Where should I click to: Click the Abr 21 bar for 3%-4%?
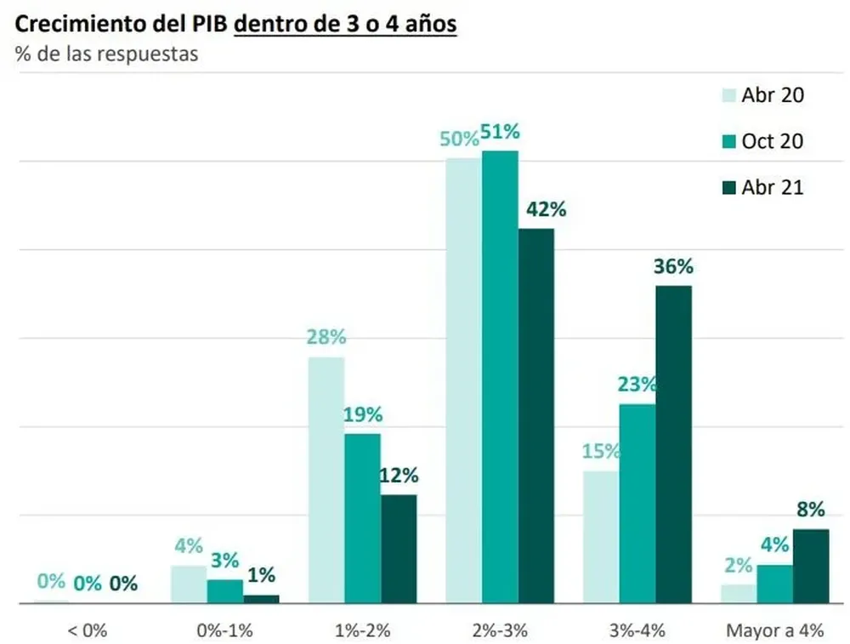click(x=673, y=444)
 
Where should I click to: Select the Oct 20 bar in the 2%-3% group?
click(x=500, y=377)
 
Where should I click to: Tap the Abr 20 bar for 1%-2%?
click(x=326, y=480)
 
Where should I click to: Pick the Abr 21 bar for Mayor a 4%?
click(x=810, y=566)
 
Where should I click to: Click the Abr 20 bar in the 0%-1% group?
click(x=189, y=584)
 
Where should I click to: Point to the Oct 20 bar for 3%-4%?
click(x=637, y=504)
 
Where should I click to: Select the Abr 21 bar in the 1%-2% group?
click(x=399, y=549)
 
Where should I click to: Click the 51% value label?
click(x=500, y=133)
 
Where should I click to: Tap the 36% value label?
click(x=673, y=266)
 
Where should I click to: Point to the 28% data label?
click(x=326, y=338)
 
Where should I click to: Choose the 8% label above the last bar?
click(x=810, y=510)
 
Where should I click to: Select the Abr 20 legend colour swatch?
click(x=728, y=95)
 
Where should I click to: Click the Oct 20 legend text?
click(x=772, y=141)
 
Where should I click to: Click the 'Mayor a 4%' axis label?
click(x=774, y=630)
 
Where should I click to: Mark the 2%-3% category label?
click(x=500, y=630)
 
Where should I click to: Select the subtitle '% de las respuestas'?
click(x=106, y=54)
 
